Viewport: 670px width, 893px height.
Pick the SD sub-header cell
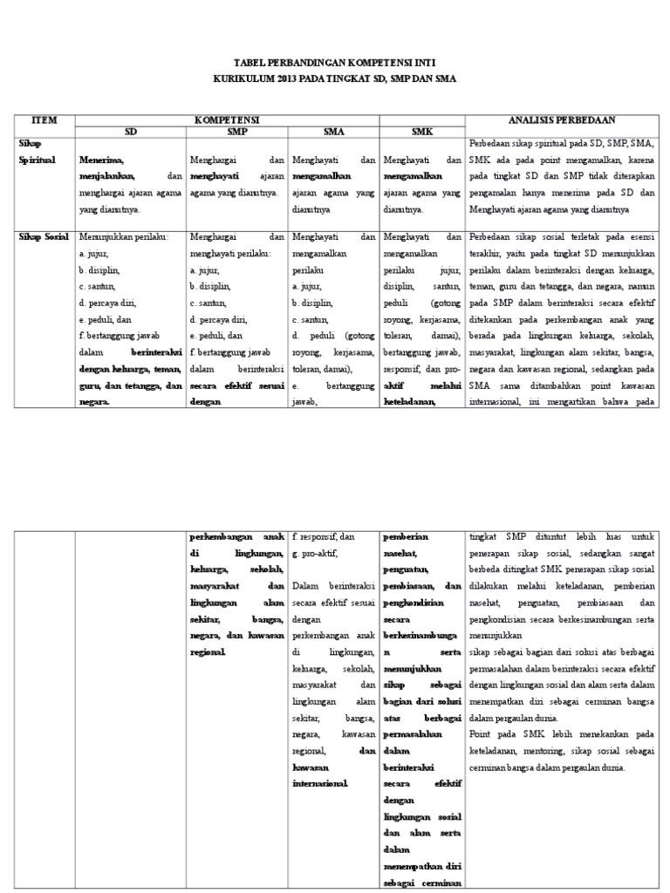[x=130, y=131]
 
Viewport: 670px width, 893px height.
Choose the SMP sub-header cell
[x=236, y=131]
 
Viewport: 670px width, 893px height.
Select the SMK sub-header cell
[x=422, y=131]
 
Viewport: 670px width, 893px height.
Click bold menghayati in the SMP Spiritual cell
[x=215, y=177]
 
